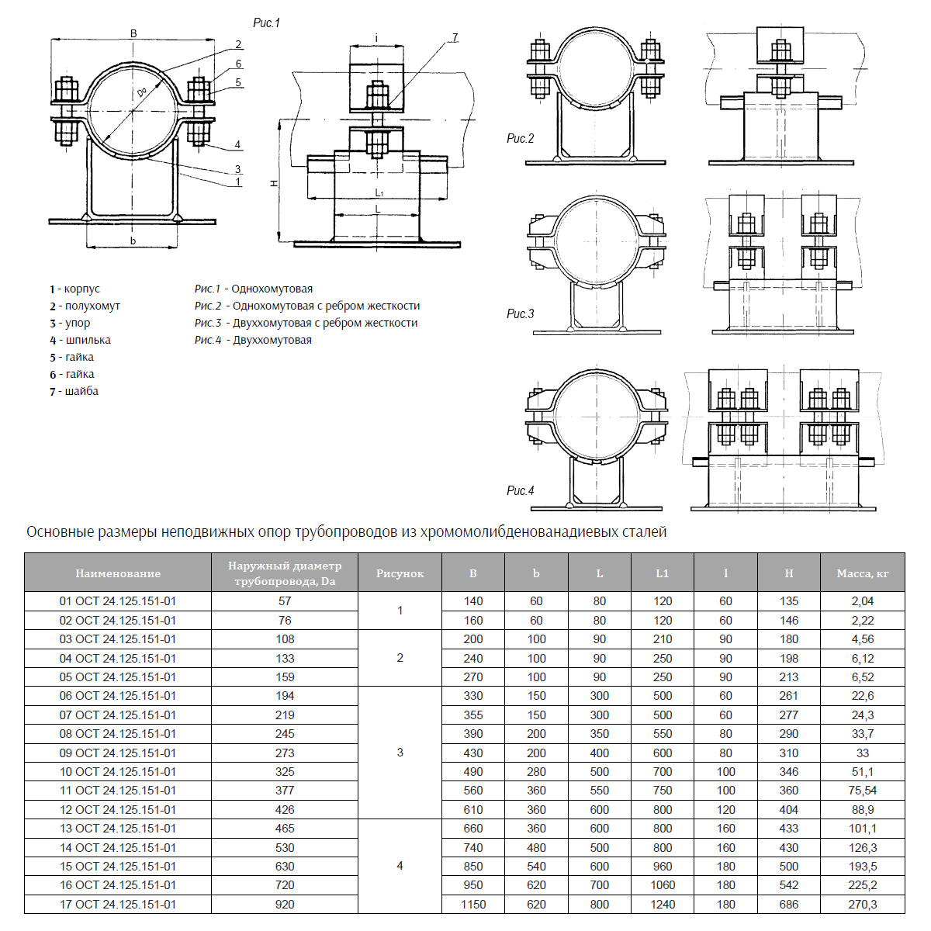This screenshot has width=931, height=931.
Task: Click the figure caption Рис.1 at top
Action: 266,23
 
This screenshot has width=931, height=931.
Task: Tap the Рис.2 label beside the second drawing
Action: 520,139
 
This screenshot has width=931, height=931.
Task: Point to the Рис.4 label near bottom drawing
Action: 520,491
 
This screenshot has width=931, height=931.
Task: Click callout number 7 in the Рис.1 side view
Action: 455,37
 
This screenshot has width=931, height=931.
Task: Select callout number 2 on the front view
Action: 238,45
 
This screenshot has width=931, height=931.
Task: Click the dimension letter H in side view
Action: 273,183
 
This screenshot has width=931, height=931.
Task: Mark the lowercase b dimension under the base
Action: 133,241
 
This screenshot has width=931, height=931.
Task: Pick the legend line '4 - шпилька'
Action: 81,340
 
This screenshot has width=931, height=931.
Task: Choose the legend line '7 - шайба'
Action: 74,391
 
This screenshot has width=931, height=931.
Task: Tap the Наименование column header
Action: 118,573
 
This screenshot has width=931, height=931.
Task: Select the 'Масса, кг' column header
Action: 862,573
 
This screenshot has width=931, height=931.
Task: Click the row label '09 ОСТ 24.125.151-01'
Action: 118,753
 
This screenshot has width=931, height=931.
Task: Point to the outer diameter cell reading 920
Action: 285,904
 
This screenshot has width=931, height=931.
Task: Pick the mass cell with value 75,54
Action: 862,791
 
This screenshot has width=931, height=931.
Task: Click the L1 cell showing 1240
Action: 663,904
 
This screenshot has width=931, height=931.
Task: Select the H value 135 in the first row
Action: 788,601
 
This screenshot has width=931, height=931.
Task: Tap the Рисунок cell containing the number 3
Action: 400,753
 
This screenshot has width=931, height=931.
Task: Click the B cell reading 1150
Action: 473,904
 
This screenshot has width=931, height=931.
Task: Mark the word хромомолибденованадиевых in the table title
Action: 519,532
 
